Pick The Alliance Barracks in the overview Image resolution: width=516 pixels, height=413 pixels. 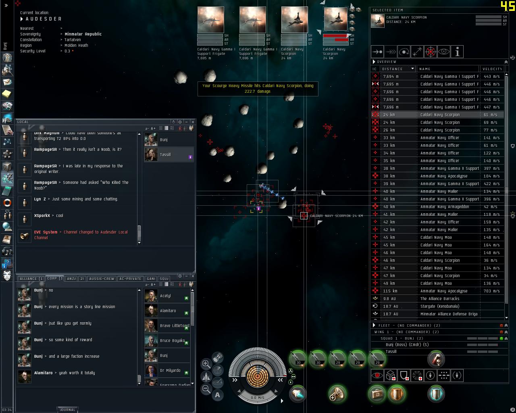coord(439,298)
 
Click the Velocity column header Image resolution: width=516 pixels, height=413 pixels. coord(492,69)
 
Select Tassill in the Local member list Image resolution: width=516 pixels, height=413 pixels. coord(165,154)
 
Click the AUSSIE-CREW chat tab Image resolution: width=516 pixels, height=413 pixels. coord(102,279)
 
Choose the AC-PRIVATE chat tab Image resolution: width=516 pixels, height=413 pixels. coord(130,279)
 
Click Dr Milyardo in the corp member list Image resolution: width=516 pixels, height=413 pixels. coord(168,370)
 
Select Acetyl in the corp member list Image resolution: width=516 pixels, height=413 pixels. coord(165,296)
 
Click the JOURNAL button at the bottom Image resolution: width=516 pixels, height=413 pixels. coord(67,410)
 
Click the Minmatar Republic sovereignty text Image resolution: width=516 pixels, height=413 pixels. coord(83,34)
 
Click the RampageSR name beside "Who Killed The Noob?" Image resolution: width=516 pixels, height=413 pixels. coord(45,183)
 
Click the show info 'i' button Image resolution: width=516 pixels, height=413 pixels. coord(457,52)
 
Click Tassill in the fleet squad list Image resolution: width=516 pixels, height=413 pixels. coord(391,352)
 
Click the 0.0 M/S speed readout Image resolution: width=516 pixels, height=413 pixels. coord(257,397)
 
